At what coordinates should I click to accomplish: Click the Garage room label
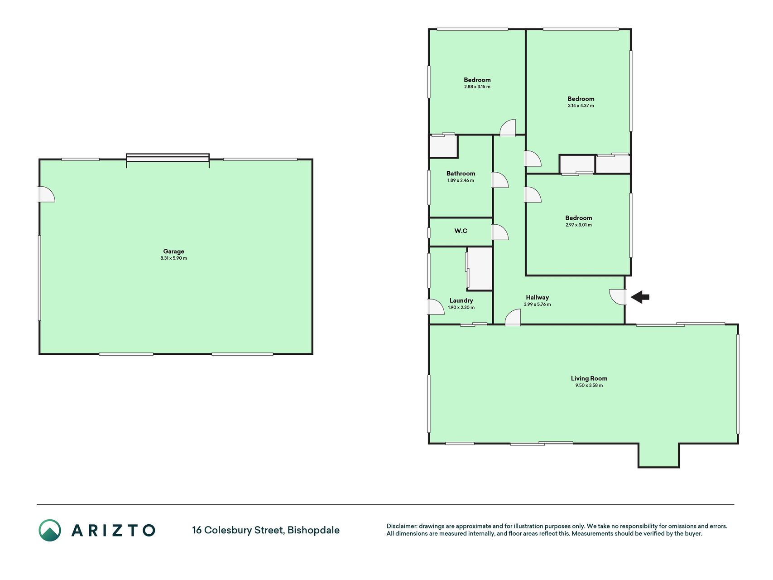(173, 251)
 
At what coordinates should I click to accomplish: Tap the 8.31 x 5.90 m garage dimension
(173, 258)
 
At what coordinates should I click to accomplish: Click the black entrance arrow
(640, 297)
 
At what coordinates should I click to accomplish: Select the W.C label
(461, 231)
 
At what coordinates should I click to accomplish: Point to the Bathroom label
(461, 174)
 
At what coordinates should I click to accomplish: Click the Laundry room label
(461, 300)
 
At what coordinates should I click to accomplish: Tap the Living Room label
(589, 378)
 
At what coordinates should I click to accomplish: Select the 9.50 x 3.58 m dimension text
(589, 386)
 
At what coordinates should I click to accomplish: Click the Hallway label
(537, 298)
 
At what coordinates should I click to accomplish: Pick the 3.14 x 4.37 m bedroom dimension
(581, 106)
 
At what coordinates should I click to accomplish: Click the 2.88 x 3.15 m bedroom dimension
(477, 87)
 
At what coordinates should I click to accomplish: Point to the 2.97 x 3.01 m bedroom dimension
(578, 225)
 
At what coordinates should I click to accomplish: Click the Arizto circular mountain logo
(49, 530)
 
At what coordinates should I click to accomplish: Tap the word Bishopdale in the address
(313, 530)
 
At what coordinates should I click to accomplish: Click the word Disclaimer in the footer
(401, 526)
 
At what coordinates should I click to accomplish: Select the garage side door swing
(46, 194)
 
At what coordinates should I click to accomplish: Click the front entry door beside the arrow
(617, 297)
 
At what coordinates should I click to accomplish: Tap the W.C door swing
(500, 232)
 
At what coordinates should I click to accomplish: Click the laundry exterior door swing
(436, 307)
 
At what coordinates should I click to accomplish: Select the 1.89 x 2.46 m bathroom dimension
(461, 180)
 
